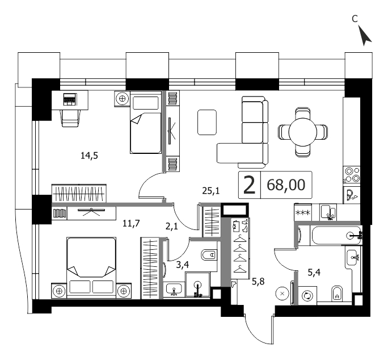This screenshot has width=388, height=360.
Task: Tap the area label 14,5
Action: [89, 156]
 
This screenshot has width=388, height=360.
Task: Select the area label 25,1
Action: [211, 191]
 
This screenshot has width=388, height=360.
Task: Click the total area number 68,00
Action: [286, 185]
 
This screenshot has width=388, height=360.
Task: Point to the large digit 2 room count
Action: [249, 185]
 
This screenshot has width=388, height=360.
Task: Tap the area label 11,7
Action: [131, 224]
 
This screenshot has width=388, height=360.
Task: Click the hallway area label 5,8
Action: [258, 282]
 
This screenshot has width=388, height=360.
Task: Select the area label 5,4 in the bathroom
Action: [314, 273]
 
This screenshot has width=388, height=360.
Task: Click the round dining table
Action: [303, 132]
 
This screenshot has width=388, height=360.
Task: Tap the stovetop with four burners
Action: [352, 175]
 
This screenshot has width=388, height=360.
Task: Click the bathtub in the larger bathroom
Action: [336, 236]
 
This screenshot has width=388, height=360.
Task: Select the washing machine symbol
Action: [307, 296]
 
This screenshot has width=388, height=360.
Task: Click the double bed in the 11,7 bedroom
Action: [91, 267]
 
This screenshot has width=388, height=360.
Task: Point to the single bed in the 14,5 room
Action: [145, 123]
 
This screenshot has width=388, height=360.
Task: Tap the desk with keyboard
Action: [70, 100]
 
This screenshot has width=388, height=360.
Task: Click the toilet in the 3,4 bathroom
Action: [209, 254]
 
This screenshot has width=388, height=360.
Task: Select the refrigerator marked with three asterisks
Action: [303, 212]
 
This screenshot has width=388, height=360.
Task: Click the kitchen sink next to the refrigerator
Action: [328, 212]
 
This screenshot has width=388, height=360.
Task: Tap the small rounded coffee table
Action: [207, 123]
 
